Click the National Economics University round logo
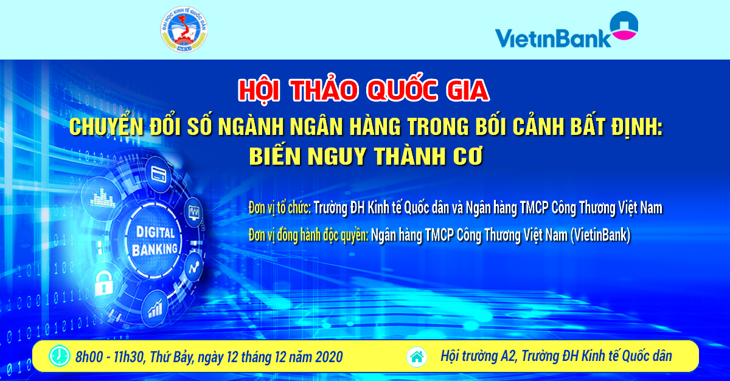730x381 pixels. pos(184,29)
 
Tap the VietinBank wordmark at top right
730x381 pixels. pos(553,38)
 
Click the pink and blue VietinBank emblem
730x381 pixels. pos(624,26)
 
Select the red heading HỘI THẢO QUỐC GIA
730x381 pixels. pos(364,90)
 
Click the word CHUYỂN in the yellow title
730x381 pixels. pos(106,127)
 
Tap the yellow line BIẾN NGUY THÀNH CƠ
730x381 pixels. pos(366,156)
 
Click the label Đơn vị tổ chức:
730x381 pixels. pos(280,208)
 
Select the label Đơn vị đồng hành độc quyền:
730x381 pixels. pos(308,235)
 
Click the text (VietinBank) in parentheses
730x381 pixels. pos(600,235)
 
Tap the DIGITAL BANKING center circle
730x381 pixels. pos(155,241)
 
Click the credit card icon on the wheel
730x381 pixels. pos(159,174)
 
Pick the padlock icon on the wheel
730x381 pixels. pos(103,283)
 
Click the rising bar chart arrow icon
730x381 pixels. pos(156,308)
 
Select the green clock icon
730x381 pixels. pos(60,356)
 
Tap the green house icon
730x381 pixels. pos(417,357)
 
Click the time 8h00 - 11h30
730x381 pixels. pos(109,357)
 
